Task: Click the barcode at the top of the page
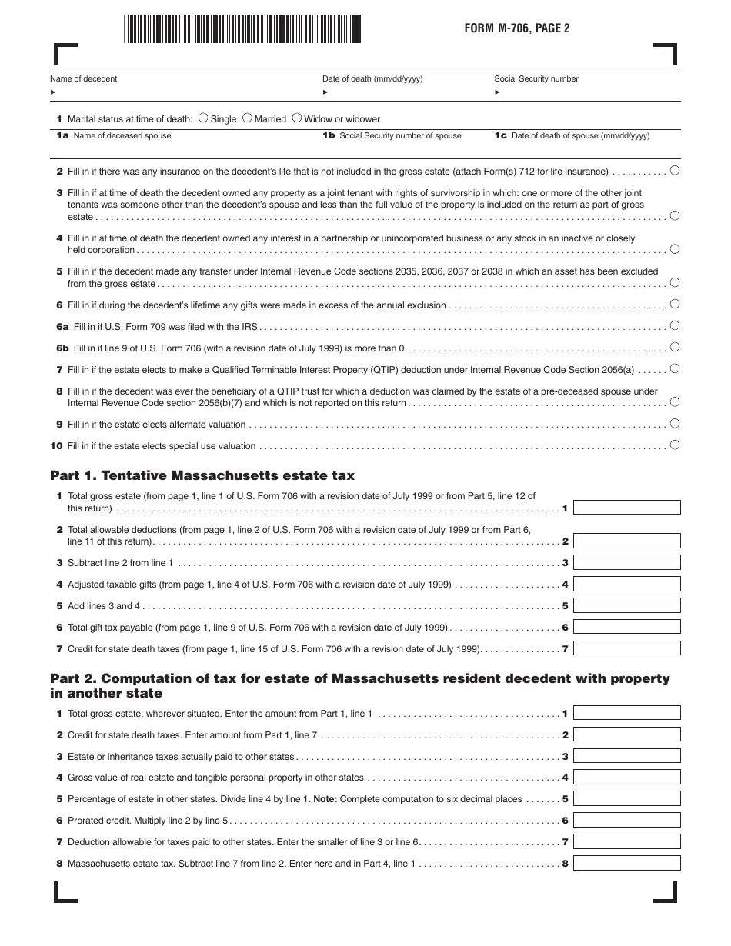[242, 29]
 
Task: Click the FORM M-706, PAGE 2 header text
[516, 28]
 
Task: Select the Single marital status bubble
[203, 118]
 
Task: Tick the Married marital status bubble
[247, 118]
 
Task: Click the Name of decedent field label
[84, 78]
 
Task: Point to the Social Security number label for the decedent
[536, 78]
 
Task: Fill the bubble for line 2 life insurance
[675, 171]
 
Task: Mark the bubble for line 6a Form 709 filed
[675, 326]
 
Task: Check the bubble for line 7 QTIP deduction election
[675, 369]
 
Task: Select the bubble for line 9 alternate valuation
[675, 424]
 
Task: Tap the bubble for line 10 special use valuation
[675, 445]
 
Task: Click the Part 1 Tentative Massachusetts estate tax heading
[202, 475]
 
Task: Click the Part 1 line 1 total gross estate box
[627, 508]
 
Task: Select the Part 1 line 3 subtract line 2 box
[627, 563]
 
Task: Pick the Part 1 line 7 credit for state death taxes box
[627, 648]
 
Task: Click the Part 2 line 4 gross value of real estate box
[627, 778]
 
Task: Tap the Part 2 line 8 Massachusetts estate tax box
[627, 863]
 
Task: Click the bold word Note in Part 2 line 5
[325, 799]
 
